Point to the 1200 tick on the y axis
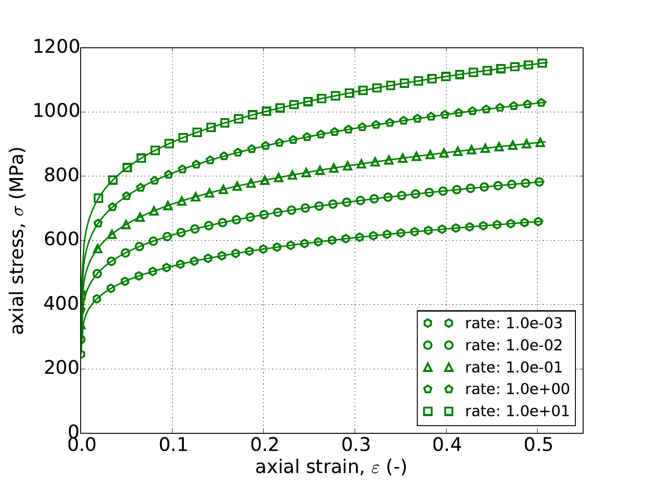(x=56, y=48)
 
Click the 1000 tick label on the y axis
(x=56, y=112)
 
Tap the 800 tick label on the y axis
(x=61, y=176)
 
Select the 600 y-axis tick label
(x=61, y=240)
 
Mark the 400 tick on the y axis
(x=61, y=304)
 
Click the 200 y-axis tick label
(x=61, y=369)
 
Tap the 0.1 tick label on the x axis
(x=172, y=447)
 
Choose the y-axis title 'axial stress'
(x=18, y=240)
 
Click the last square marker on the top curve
(x=543, y=63)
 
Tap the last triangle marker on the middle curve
(x=541, y=142)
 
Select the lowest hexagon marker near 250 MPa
(x=82, y=354)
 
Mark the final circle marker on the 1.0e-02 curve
(x=539, y=182)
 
